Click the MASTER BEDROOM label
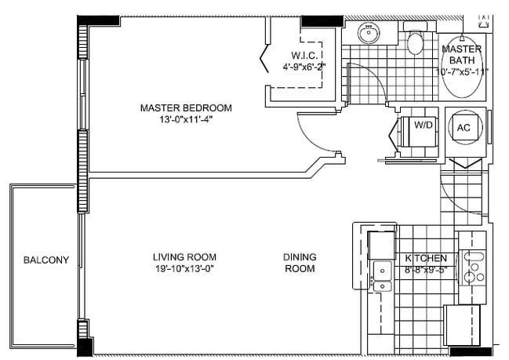pyautogui.click(x=186, y=107)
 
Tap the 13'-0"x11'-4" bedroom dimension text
pyautogui.click(x=186, y=119)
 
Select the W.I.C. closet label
pyautogui.click(x=304, y=55)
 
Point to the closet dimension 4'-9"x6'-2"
pyautogui.click(x=304, y=67)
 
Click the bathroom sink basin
pyautogui.click(x=369, y=33)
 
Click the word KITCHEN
pyautogui.click(x=426, y=258)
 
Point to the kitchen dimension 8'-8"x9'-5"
pyautogui.click(x=427, y=270)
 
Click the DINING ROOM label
pyautogui.click(x=300, y=263)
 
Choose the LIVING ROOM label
pyautogui.click(x=184, y=257)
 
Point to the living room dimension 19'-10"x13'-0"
pyautogui.click(x=184, y=269)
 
